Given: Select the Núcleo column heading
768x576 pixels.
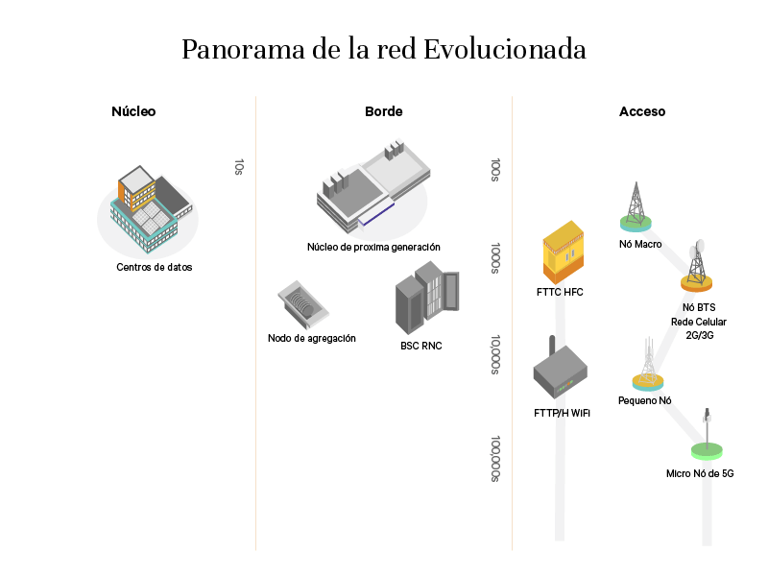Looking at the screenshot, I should coord(133,111).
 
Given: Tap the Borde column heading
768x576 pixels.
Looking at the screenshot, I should coord(383,111).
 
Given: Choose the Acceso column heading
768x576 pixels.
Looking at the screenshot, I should coord(642,111).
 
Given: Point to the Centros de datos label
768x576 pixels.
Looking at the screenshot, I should coord(155,267).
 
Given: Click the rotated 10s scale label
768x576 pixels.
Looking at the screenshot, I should coord(239,167).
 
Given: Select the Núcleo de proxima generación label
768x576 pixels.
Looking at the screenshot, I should coord(373,247).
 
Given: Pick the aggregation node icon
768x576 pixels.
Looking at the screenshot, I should coord(301,303).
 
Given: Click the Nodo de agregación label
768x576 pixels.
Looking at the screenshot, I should coord(312,338).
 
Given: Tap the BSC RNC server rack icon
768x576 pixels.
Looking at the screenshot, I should coord(427,300).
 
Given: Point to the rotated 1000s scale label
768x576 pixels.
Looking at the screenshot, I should coord(495,258).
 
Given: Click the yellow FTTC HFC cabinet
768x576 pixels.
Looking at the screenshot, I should coord(563,251).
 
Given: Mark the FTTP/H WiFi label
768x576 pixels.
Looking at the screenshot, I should coord(562,413).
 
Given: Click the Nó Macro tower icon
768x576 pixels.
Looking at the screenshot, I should coord(635,206).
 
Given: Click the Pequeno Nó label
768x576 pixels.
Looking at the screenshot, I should coord(644,400).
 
